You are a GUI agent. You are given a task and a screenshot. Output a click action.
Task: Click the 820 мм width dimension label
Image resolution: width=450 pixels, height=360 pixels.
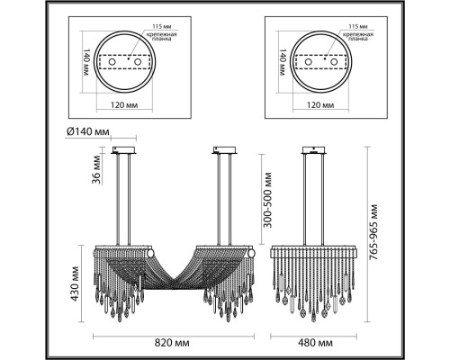point(172,343)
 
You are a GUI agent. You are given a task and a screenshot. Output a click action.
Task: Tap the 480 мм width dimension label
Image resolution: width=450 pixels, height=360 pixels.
point(315,343)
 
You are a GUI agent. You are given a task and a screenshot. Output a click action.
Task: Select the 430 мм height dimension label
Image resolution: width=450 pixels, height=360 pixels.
point(75,283)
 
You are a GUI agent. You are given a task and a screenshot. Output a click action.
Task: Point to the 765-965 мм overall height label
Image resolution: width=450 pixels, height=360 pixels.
point(373,232)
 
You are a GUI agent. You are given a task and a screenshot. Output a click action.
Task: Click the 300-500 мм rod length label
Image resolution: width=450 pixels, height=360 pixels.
point(267,200)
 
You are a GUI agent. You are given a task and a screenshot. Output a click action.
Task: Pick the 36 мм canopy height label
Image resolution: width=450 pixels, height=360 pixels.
point(96,169)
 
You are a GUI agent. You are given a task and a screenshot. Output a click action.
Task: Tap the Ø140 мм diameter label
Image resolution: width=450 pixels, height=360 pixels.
point(88,131)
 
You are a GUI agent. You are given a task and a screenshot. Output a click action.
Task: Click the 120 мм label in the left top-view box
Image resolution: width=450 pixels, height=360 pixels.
point(124,105)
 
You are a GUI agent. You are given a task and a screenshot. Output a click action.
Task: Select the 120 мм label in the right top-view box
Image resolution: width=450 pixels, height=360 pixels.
point(320,105)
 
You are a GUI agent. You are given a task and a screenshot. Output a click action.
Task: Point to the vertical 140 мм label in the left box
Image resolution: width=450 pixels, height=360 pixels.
point(86,62)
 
